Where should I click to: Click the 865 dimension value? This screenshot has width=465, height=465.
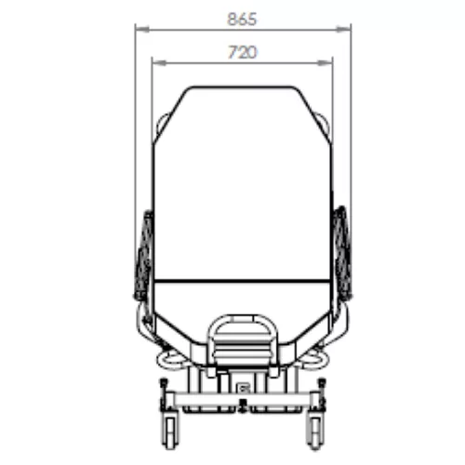click(242, 20)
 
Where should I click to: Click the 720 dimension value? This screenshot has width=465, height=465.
click(243, 52)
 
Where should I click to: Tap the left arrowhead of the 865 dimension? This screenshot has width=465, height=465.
click(142, 30)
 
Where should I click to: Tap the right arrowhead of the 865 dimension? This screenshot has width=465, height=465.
click(344, 30)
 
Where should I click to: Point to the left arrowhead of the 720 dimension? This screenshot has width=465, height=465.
click(159, 63)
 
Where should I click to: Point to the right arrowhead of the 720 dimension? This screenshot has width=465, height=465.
click(325, 63)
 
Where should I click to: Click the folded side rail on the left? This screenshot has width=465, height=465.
click(144, 256)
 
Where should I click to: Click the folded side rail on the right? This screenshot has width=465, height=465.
click(341, 254)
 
